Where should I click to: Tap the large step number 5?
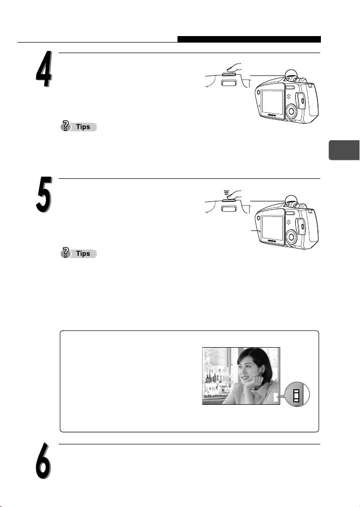[x=44, y=195]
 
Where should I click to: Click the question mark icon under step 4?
[x=65, y=126]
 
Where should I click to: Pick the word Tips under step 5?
[x=83, y=254]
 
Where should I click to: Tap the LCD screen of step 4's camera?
[x=273, y=102]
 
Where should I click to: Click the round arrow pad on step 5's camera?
[x=291, y=237]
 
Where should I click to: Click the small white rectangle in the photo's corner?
[x=275, y=397]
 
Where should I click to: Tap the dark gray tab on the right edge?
[x=344, y=150]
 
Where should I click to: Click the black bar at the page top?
[x=249, y=39]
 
